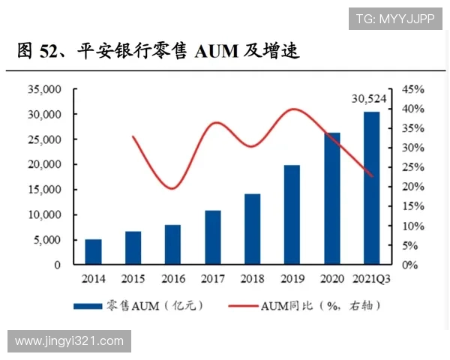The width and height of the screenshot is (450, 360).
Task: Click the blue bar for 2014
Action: (93, 252)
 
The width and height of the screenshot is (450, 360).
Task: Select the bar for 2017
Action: (213, 238)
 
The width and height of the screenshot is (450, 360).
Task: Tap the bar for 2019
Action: (292, 214)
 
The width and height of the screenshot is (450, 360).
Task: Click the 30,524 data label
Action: (370, 98)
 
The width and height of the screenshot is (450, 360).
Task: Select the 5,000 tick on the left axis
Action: (46, 240)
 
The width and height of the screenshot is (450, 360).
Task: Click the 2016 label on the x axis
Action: (173, 279)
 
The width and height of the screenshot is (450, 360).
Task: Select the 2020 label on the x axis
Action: (332, 279)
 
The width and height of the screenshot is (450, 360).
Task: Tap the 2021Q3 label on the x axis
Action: (373, 279)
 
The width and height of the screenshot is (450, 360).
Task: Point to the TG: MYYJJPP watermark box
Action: (395, 19)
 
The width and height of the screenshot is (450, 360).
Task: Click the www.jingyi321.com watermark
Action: (69, 341)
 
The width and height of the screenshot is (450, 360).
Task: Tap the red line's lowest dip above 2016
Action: (172, 188)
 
